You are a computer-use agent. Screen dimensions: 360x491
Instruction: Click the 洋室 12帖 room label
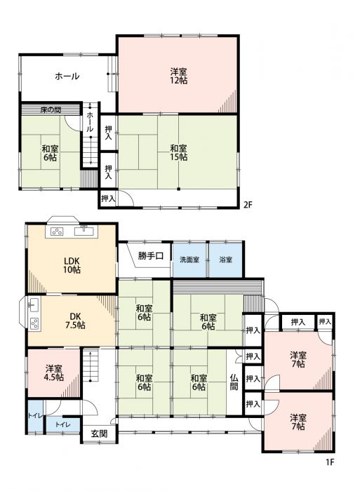[179, 76]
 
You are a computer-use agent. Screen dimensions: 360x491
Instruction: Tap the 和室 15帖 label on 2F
[179, 152]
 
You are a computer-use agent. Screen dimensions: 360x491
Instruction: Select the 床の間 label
[51, 110]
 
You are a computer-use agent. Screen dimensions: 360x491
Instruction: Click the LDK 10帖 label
[72, 265]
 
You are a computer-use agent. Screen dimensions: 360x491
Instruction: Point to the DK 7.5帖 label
[75, 321]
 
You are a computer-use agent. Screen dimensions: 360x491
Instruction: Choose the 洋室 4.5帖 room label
[54, 373]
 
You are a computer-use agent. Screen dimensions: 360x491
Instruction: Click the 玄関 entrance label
[100, 433]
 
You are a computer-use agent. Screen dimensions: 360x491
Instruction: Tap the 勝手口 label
[151, 256]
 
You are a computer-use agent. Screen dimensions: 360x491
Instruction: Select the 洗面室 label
[189, 260]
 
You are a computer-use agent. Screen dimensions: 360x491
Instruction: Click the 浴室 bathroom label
[225, 260]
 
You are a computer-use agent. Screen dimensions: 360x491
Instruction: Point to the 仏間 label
[234, 382]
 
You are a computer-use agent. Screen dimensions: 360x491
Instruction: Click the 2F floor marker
[248, 205]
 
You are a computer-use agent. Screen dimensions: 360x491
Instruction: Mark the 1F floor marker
[330, 462]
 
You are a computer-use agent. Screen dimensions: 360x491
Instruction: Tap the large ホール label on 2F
[67, 76]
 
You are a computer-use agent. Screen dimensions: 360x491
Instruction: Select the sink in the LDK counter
[84, 231]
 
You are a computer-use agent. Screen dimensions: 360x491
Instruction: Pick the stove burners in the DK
[34, 323]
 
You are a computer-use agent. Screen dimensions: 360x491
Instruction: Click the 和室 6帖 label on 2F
[50, 152]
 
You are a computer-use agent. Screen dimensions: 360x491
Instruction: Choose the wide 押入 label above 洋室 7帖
[298, 322]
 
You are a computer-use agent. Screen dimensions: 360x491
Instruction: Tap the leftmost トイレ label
[35, 416]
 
